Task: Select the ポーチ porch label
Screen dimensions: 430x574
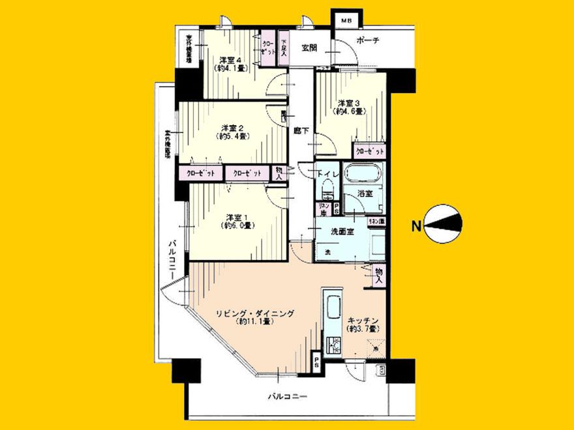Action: pos(368,41)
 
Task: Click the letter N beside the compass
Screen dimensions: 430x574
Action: pos(415,227)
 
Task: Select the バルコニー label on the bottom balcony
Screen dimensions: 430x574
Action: pos(287,395)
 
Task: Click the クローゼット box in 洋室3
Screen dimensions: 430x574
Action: pos(369,150)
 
